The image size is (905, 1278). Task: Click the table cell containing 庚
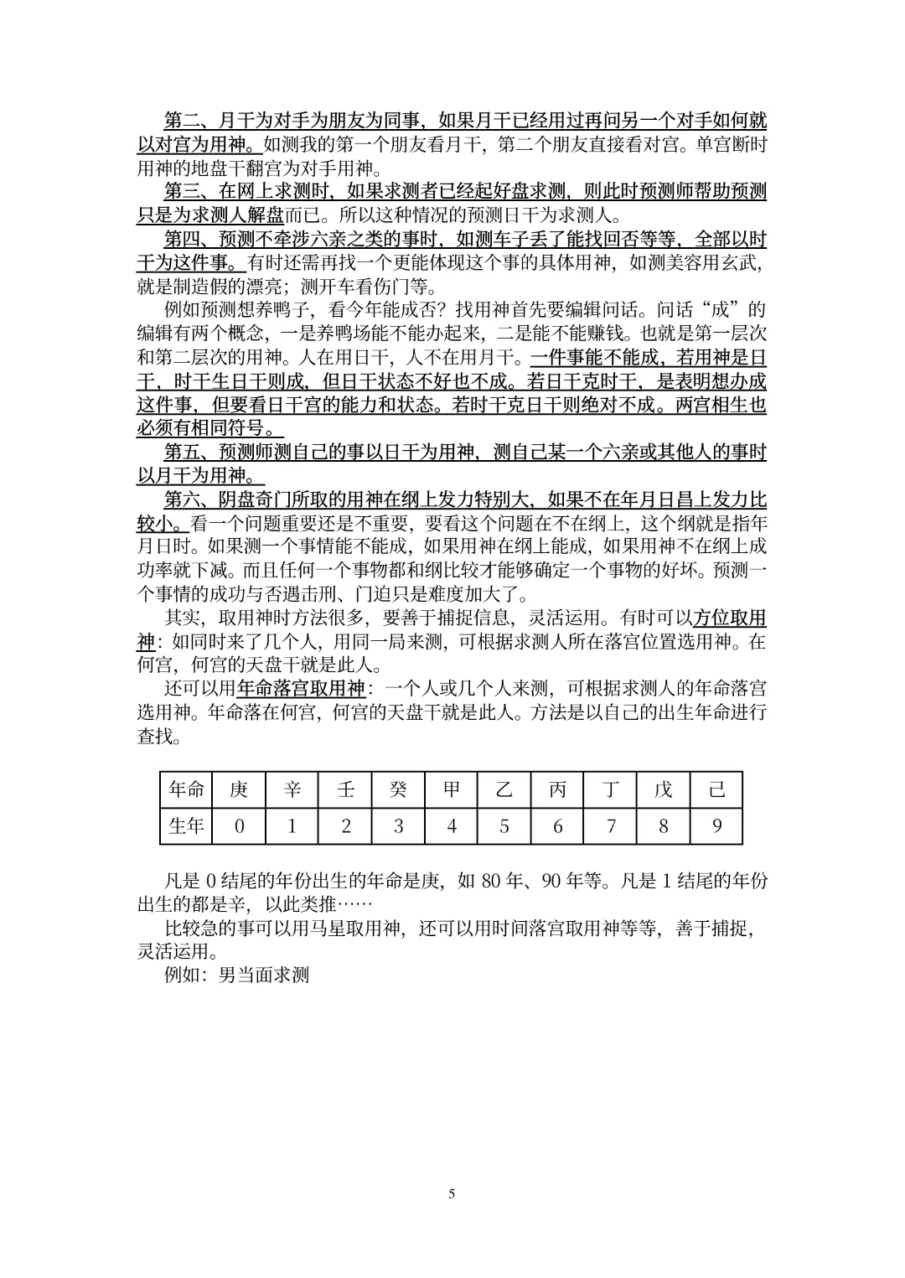pyautogui.click(x=239, y=790)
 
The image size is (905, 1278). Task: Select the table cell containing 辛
pyautogui.click(x=292, y=790)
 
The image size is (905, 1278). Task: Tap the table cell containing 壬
pyautogui.click(x=345, y=790)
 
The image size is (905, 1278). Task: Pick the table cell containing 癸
pyautogui.click(x=398, y=790)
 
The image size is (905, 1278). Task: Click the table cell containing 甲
pyautogui.click(x=452, y=790)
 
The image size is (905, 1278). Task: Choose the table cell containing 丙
pyautogui.click(x=557, y=790)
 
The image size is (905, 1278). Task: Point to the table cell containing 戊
pyautogui.click(x=664, y=790)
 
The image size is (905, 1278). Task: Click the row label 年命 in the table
pyautogui.click(x=186, y=790)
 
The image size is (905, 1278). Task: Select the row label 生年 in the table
pyautogui.click(x=186, y=826)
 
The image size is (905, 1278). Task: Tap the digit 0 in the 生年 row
pyautogui.click(x=239, y=826)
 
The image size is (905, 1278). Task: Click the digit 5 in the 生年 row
pyautogui.click(x=504, y=826)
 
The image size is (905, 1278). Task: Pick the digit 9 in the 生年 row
pyautogui.click(x=716, y=826)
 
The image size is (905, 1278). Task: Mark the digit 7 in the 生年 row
pyautogui.click(x=611, y=826)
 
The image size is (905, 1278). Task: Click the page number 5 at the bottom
pyautogui.click(x=452, y=1193)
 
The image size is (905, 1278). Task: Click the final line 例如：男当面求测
pyautogui.click(x=237, y=975)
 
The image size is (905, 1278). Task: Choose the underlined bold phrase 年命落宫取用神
pyautogui.click(x=302, y=690)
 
